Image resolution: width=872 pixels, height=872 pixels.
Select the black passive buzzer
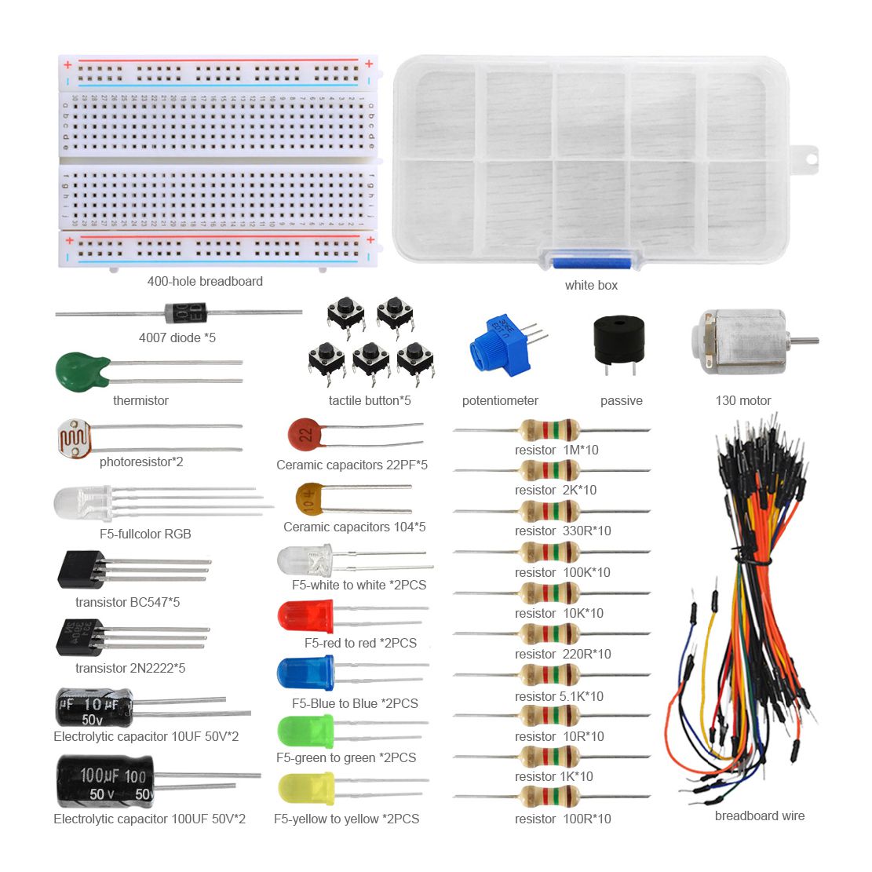click(619, 340)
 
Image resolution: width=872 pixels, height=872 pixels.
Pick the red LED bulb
click(305, 615)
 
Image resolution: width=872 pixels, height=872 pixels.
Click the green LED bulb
click(305, 732)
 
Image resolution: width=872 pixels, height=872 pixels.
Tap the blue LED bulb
click(305, 673)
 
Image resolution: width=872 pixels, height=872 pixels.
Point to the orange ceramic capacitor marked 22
click(305, 434)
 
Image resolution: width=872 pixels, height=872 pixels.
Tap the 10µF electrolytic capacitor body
click(94, 707)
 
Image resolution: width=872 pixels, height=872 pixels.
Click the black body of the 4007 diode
click(186, 312)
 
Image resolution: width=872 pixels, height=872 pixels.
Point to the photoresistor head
click(74, 439)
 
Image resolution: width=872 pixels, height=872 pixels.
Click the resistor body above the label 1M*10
click(549, 430)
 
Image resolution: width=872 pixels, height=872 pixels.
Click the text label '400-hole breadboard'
click(205, 282)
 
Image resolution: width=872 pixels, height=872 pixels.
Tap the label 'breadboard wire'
click(760, 815)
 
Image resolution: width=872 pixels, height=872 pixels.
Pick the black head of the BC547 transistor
click(81, 570)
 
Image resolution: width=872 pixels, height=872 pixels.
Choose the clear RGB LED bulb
click(83, 504)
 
